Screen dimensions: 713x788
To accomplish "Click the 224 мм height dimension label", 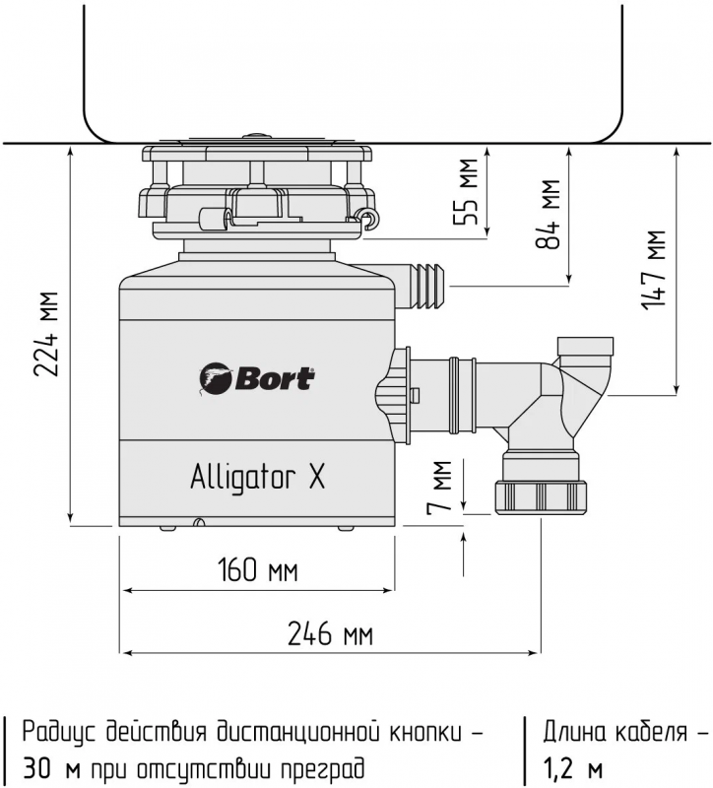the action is click(46, 333).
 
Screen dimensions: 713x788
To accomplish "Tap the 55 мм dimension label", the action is click(466, 191).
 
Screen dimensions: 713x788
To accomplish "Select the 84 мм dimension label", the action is click(548, 214).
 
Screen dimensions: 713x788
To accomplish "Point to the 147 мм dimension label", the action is click(654, 270).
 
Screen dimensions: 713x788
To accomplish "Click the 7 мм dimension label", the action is click(439, 488).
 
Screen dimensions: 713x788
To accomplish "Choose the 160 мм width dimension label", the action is click(258, 570).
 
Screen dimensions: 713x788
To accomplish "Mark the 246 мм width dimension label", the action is click(330, 633).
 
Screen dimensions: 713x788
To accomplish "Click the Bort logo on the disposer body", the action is click(257, 379).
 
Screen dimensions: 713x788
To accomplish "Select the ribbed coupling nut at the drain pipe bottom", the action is click(541, 497).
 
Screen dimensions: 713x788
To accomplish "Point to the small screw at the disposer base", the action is click(200, 522).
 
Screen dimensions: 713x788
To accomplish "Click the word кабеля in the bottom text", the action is click(651, 732).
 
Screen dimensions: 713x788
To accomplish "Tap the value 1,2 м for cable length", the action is click(572, 768).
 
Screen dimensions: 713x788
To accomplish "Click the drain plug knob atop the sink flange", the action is click(257, 135).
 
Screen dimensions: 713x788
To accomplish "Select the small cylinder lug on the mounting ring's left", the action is click(213, 219).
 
